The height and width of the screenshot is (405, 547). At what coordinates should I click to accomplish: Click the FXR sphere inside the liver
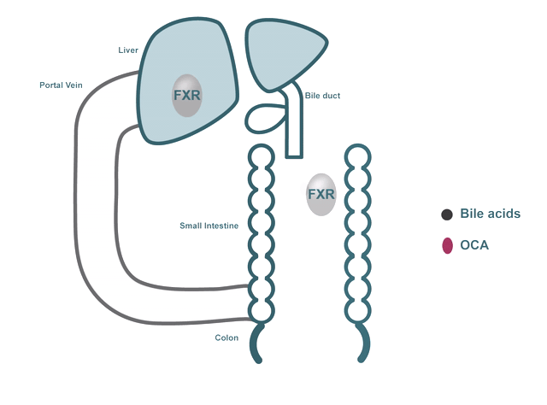point(186,95)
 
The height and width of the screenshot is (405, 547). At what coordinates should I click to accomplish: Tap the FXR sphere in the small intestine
point(321,195)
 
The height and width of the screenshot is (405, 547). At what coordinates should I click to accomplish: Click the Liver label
point(127,50)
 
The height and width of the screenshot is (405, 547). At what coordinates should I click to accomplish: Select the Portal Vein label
point(61,85)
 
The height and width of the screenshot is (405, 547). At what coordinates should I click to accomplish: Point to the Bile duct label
point(322,96)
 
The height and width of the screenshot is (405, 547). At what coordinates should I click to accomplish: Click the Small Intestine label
point(209,226)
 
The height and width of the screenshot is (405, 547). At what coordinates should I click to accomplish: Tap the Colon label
point(226,338)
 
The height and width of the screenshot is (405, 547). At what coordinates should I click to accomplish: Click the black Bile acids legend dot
point(447,214)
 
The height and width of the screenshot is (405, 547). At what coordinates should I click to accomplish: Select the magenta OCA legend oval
point(447,246)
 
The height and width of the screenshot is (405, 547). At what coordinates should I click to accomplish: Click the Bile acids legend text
point(490,214)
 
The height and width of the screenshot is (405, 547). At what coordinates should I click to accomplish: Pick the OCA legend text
point(474,246)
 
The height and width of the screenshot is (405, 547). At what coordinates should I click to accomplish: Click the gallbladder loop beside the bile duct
point(266,118)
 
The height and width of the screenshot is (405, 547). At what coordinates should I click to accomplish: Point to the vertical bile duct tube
point(294,128)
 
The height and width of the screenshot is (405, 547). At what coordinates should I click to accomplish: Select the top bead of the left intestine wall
point(261,156)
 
